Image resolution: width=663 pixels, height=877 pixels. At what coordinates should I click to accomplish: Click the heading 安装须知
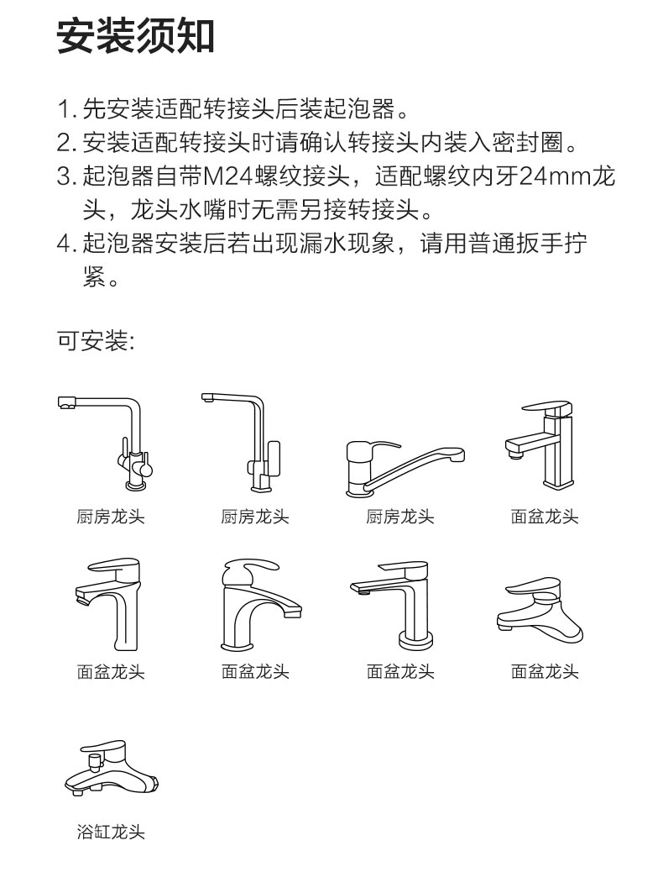136,36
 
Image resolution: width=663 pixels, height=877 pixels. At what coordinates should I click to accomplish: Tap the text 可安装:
96,340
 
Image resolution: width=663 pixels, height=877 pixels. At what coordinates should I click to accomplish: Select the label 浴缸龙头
111,832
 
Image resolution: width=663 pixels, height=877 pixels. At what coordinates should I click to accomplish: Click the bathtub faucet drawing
112,769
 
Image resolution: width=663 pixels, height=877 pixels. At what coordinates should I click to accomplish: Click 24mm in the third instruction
556,177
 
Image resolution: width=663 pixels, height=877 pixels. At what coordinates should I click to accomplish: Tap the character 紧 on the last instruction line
94,277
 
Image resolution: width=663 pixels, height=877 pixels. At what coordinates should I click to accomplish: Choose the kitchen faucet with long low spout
405,468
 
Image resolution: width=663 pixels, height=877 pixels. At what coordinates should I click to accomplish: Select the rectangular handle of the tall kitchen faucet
273,458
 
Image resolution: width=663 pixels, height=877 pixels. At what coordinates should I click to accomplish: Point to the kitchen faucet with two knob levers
106,443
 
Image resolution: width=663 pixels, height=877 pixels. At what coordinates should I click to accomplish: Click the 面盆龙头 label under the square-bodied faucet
545,517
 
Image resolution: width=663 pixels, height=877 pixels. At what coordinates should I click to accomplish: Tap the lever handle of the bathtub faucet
104,748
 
